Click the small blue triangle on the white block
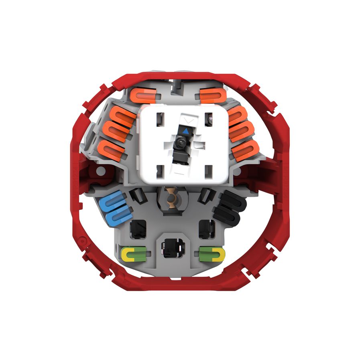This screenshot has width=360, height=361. [x=185, y=131]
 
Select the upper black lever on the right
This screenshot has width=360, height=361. [x=232, y=202]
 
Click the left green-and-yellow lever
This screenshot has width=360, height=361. [x=134, y=253]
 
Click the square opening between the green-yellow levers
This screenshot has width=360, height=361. [x=171, y=249]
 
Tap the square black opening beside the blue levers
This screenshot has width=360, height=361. [x=138, y=229]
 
